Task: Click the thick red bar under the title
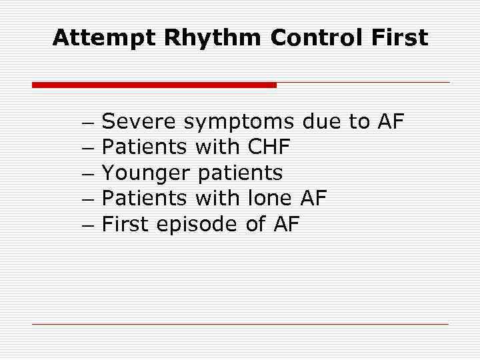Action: click(154, 85)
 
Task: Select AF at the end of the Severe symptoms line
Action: click(391, 121)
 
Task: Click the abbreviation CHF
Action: click(269, 147)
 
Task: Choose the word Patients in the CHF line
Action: click(145, 147)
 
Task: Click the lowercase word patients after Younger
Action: click(241, 174)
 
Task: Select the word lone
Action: click(269, 199)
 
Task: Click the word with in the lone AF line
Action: click(217, 199)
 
